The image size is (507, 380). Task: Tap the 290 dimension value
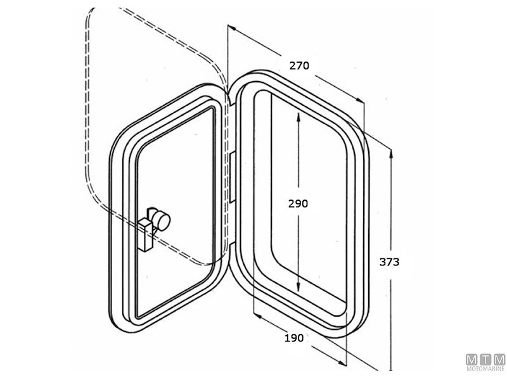point(298,203)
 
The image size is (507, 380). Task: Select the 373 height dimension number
point(388,262)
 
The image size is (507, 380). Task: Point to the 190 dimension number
point(293,338)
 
